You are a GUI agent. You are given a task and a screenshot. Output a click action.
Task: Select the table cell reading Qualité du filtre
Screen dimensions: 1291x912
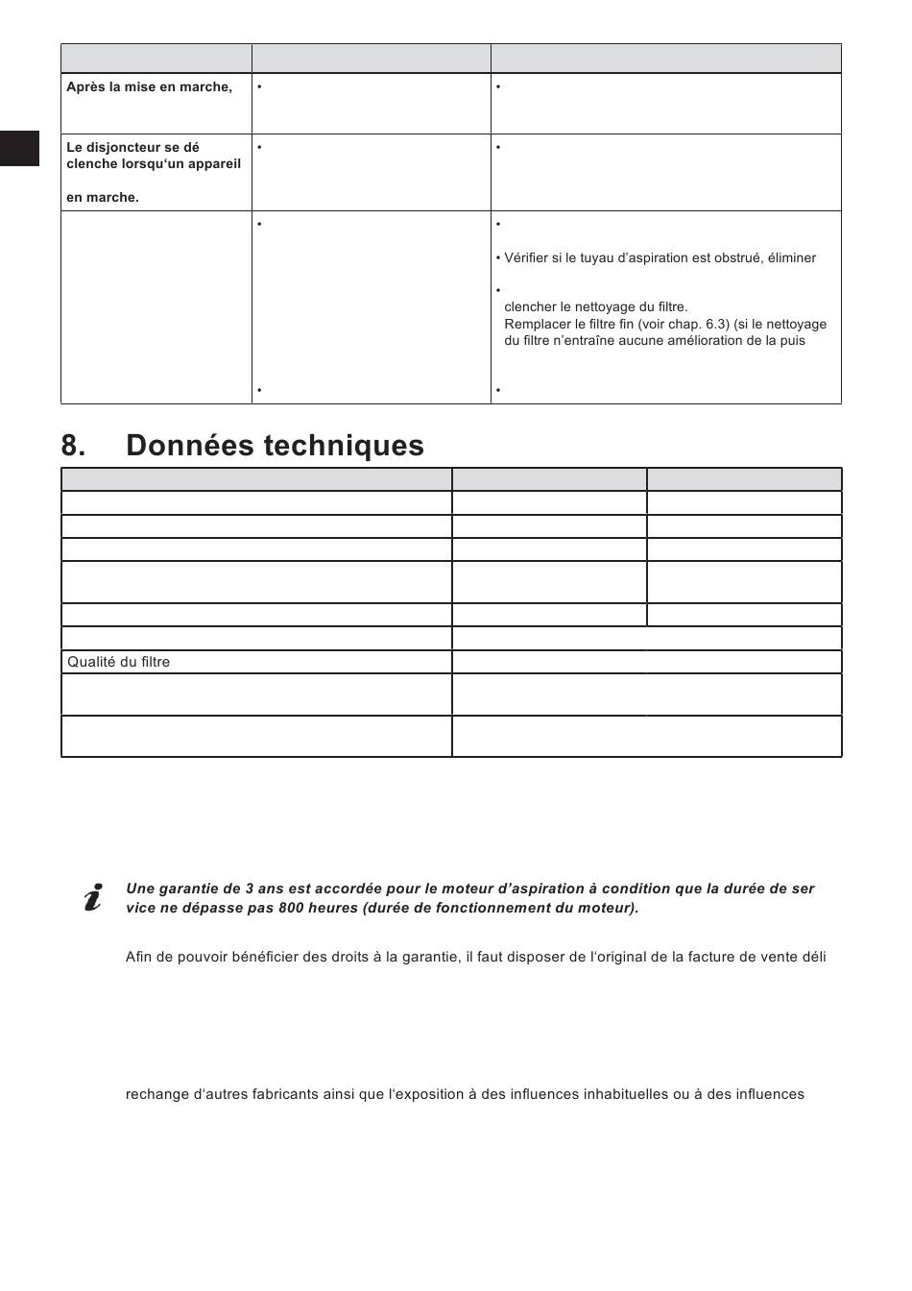[119, 662]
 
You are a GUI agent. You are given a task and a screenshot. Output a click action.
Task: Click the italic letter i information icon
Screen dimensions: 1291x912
[93, 898]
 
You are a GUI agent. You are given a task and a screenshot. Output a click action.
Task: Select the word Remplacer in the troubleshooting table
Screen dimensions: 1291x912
[538, 325]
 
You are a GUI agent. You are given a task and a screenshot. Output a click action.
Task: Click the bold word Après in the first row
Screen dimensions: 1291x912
[84, 87]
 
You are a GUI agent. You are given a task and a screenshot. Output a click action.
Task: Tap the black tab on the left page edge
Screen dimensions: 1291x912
[19, 148]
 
